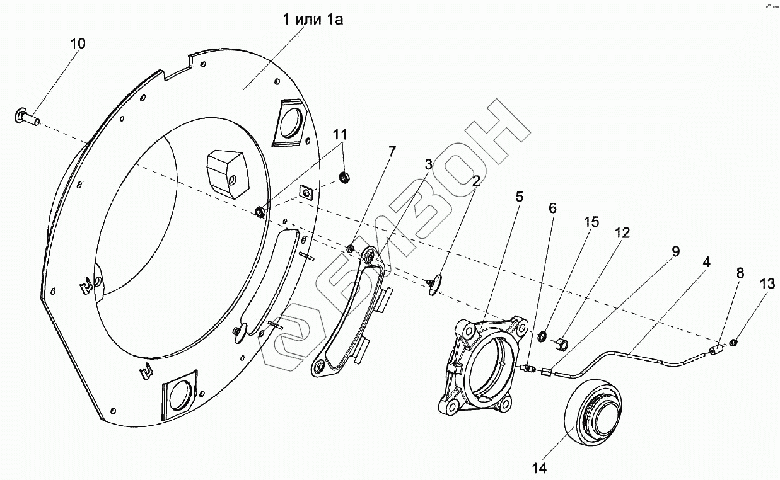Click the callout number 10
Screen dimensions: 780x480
(x=78, y=44)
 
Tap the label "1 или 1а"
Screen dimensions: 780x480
(x=313, y=20)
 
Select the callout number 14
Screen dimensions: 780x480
(x=539, y=469)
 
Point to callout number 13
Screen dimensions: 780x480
(x=767, y=284)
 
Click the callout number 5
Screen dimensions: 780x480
(x=519, y=197)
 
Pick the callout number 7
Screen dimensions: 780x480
(x=392, y=152)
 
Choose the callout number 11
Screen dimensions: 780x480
(x=340, y=134)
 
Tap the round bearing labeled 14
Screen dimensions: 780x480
(x=594, y=411)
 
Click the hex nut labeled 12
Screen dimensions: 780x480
(x=561, y=345)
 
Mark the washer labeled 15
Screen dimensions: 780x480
(x=542, y=336)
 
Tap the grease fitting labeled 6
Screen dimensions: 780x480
(x=526, y=367)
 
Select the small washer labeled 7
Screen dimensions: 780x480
(x=351, y=248)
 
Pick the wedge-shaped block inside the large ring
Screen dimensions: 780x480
(x=228, y=174)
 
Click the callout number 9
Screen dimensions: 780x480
(x=675, y=251)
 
